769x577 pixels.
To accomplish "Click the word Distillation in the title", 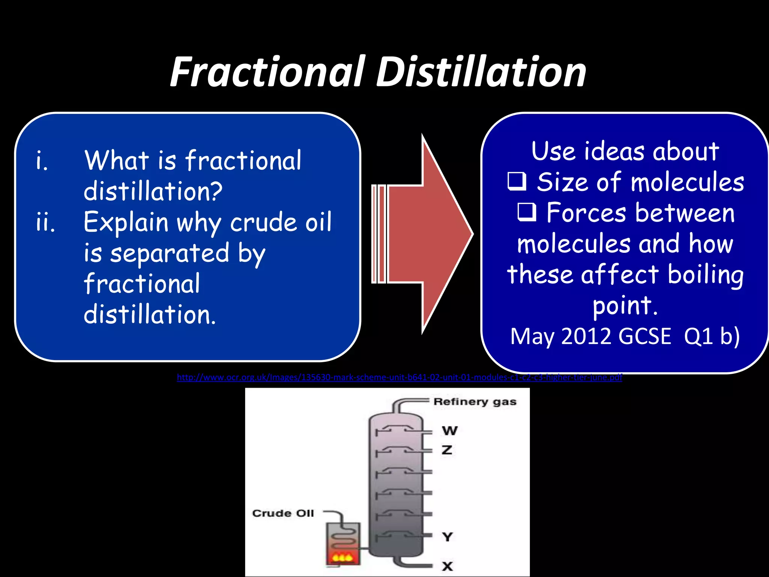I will tap(481, 72).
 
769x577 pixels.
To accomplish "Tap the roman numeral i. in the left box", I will tap(42, 161).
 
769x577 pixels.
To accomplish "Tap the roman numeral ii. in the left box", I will tap(45, 222).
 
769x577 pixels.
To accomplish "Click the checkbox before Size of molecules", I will tap(517, 182).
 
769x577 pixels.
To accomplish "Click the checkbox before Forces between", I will tap(527, 213).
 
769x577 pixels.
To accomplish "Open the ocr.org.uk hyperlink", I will tap(399, 377).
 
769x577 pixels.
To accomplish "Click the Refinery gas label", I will tap(475, 402).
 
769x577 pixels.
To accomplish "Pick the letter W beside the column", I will tap(449, 430).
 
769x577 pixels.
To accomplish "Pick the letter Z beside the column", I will tap(447, 450).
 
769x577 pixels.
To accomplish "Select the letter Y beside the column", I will tap(447, 537).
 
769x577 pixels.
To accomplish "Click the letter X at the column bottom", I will tap(447, 566).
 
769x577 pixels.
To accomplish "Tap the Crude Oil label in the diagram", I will tap(283, 514).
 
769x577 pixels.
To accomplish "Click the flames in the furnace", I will tap(343, 557).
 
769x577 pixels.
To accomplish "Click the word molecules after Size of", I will tap(687, 183).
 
